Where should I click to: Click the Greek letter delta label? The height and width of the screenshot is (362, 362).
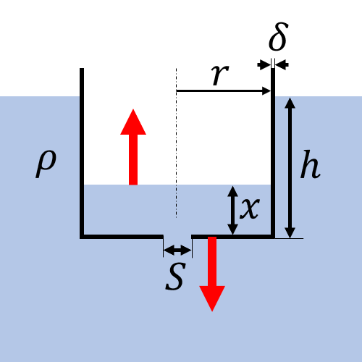point(278,36)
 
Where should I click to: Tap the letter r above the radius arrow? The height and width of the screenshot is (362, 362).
point(220,75)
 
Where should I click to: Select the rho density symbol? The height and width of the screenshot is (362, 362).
point(46,164)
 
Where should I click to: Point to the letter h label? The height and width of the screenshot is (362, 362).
point(311,164)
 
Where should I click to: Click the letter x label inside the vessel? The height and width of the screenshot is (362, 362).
point(250,209)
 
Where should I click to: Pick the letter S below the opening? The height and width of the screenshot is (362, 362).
point(176,276)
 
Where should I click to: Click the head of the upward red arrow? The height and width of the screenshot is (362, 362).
point(133,122)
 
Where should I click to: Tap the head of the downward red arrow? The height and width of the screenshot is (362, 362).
point(212,299)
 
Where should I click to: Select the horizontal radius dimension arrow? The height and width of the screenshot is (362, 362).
point(223,91)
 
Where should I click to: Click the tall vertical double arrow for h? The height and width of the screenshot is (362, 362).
point(290,168)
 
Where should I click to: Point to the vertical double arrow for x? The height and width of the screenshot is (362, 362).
point(233,210)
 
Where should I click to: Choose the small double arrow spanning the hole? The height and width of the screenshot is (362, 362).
point(177,250)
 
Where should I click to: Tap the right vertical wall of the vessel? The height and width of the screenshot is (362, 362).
point(273,151)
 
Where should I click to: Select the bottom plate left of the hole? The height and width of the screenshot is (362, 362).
point(122,237)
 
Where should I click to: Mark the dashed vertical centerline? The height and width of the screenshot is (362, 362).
point(176,143)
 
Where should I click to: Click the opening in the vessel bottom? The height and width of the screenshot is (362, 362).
point(177,237)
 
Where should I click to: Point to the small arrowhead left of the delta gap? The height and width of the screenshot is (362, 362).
point(264,64)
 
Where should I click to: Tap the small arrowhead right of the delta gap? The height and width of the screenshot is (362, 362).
point(282,64)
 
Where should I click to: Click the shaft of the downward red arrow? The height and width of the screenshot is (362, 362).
point(212,261)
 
